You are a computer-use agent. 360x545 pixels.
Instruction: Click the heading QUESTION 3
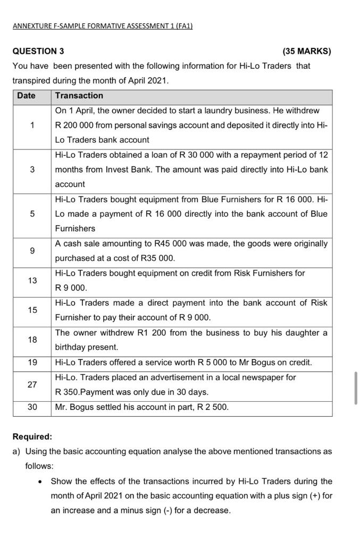(38, 52)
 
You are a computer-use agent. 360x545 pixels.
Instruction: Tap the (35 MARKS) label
(307, 52)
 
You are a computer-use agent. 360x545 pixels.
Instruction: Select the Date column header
(26, 96)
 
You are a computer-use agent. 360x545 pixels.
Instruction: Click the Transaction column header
(79, 96)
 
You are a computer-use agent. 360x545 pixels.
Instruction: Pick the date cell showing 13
(32, 280)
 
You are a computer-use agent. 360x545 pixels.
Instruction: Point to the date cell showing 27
(32, 384)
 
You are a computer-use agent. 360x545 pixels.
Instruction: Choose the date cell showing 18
(32, 340)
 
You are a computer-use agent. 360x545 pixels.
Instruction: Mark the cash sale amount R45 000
(170, 244)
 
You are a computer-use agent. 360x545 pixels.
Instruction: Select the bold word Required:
(32, 437)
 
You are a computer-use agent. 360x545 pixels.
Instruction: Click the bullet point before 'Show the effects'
(40, 482)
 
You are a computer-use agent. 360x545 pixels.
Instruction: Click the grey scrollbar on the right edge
(356, 388)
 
